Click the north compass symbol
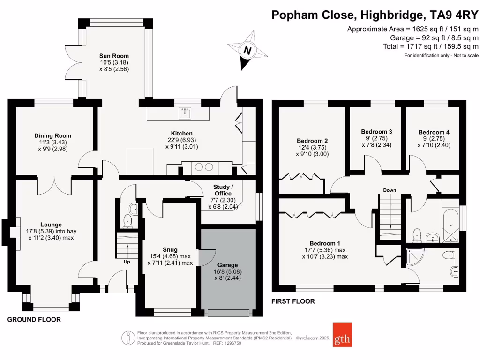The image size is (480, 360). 247,50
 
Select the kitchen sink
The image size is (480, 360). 186,112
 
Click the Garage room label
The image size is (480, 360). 227,265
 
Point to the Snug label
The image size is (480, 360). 170,249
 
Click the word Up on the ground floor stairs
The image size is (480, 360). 127,262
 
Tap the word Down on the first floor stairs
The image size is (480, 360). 390,190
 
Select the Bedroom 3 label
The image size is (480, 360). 376,132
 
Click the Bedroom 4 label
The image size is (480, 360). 434,132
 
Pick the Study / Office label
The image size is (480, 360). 223,190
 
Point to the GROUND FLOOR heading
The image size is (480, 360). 34,320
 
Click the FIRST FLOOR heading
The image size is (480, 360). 293,301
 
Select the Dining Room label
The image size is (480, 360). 56,136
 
